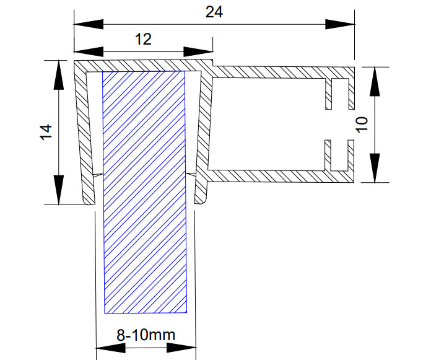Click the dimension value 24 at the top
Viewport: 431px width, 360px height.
[x=214, y=11]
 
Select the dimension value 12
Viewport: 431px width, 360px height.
[x=143, y=39]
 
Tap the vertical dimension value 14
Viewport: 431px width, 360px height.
[x=45, y=132]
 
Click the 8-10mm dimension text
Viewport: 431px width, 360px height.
[x=146, y=335]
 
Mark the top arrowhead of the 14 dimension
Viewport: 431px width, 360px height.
[x=59, y=75]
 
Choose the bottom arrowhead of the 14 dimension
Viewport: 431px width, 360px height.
[x=59, y=189]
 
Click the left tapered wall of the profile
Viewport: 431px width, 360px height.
[x=83, y=136]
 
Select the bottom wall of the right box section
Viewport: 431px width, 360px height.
[x=272, y=175]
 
